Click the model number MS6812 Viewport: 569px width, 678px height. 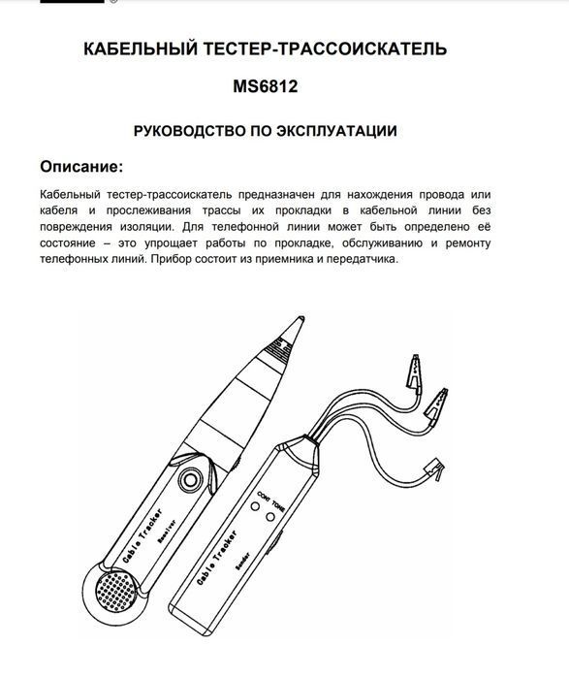(264, 86)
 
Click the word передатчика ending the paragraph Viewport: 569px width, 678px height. (359, 260)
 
